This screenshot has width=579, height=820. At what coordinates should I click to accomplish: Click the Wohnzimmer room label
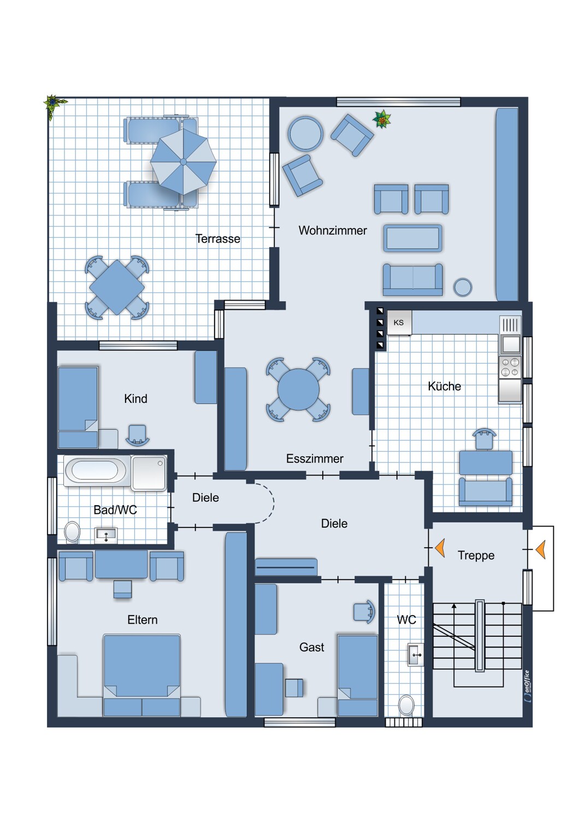333,231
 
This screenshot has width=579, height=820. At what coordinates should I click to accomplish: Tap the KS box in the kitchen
399,322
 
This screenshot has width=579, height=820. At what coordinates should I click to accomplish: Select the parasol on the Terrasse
183,162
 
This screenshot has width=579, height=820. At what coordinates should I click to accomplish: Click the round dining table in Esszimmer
298,389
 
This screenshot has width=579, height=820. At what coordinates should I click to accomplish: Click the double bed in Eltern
142,675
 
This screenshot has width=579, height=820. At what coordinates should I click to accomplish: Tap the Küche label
445,386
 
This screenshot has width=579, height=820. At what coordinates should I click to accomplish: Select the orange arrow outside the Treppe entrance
541,549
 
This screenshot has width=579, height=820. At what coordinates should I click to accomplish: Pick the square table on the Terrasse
117,287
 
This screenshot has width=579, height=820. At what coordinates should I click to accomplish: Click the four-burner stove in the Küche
510,367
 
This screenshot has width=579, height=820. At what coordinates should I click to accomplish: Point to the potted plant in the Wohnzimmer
382,119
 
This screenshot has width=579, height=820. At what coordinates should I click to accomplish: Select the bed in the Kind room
78,407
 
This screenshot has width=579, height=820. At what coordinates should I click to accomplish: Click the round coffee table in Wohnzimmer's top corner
305,133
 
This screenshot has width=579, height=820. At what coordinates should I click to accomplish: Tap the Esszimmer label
315,459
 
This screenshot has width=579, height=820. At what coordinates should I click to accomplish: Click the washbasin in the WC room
416,654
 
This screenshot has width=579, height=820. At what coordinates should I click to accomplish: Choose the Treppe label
476,555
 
